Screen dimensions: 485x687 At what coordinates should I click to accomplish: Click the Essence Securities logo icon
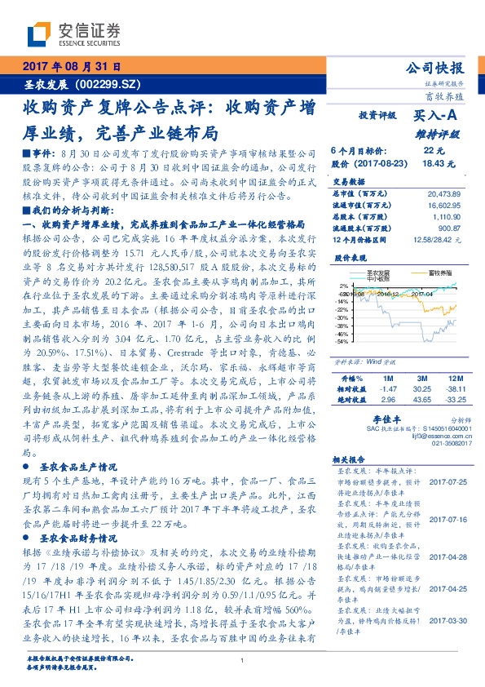[40, 34]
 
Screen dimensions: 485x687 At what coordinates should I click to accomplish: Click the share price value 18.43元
[433, 163]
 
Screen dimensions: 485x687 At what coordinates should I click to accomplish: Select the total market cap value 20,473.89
[443, 193]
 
